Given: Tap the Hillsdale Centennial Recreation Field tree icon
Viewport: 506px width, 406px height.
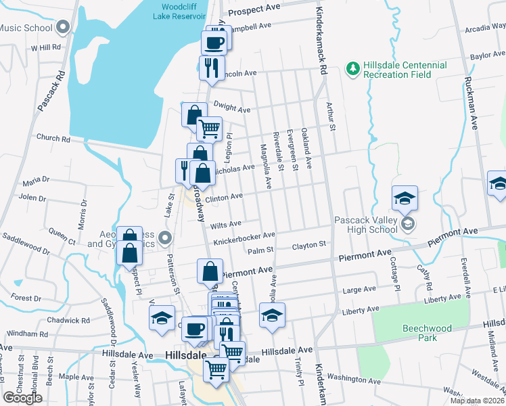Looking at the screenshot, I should (x=352, y=68).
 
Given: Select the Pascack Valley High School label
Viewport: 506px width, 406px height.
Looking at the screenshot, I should (x=366, y=224).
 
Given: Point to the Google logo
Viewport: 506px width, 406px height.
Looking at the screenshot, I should (x=22, y=398).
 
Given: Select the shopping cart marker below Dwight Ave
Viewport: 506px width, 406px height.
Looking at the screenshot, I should (x=209, y=127).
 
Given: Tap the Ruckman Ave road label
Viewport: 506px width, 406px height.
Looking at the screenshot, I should (x=468, y=101).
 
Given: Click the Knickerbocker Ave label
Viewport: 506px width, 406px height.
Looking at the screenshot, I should (x=244, y=237).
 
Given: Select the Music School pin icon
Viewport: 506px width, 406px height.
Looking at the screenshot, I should (x=63, y=28).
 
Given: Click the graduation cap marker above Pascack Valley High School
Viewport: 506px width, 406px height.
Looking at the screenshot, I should (x=405, y=197).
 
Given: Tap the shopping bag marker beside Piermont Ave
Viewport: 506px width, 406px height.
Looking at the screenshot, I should (x=210, y=271).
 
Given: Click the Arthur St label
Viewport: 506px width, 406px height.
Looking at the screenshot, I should (x=329, y=116).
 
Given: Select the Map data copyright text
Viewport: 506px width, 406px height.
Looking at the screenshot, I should (x=476, y=401).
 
